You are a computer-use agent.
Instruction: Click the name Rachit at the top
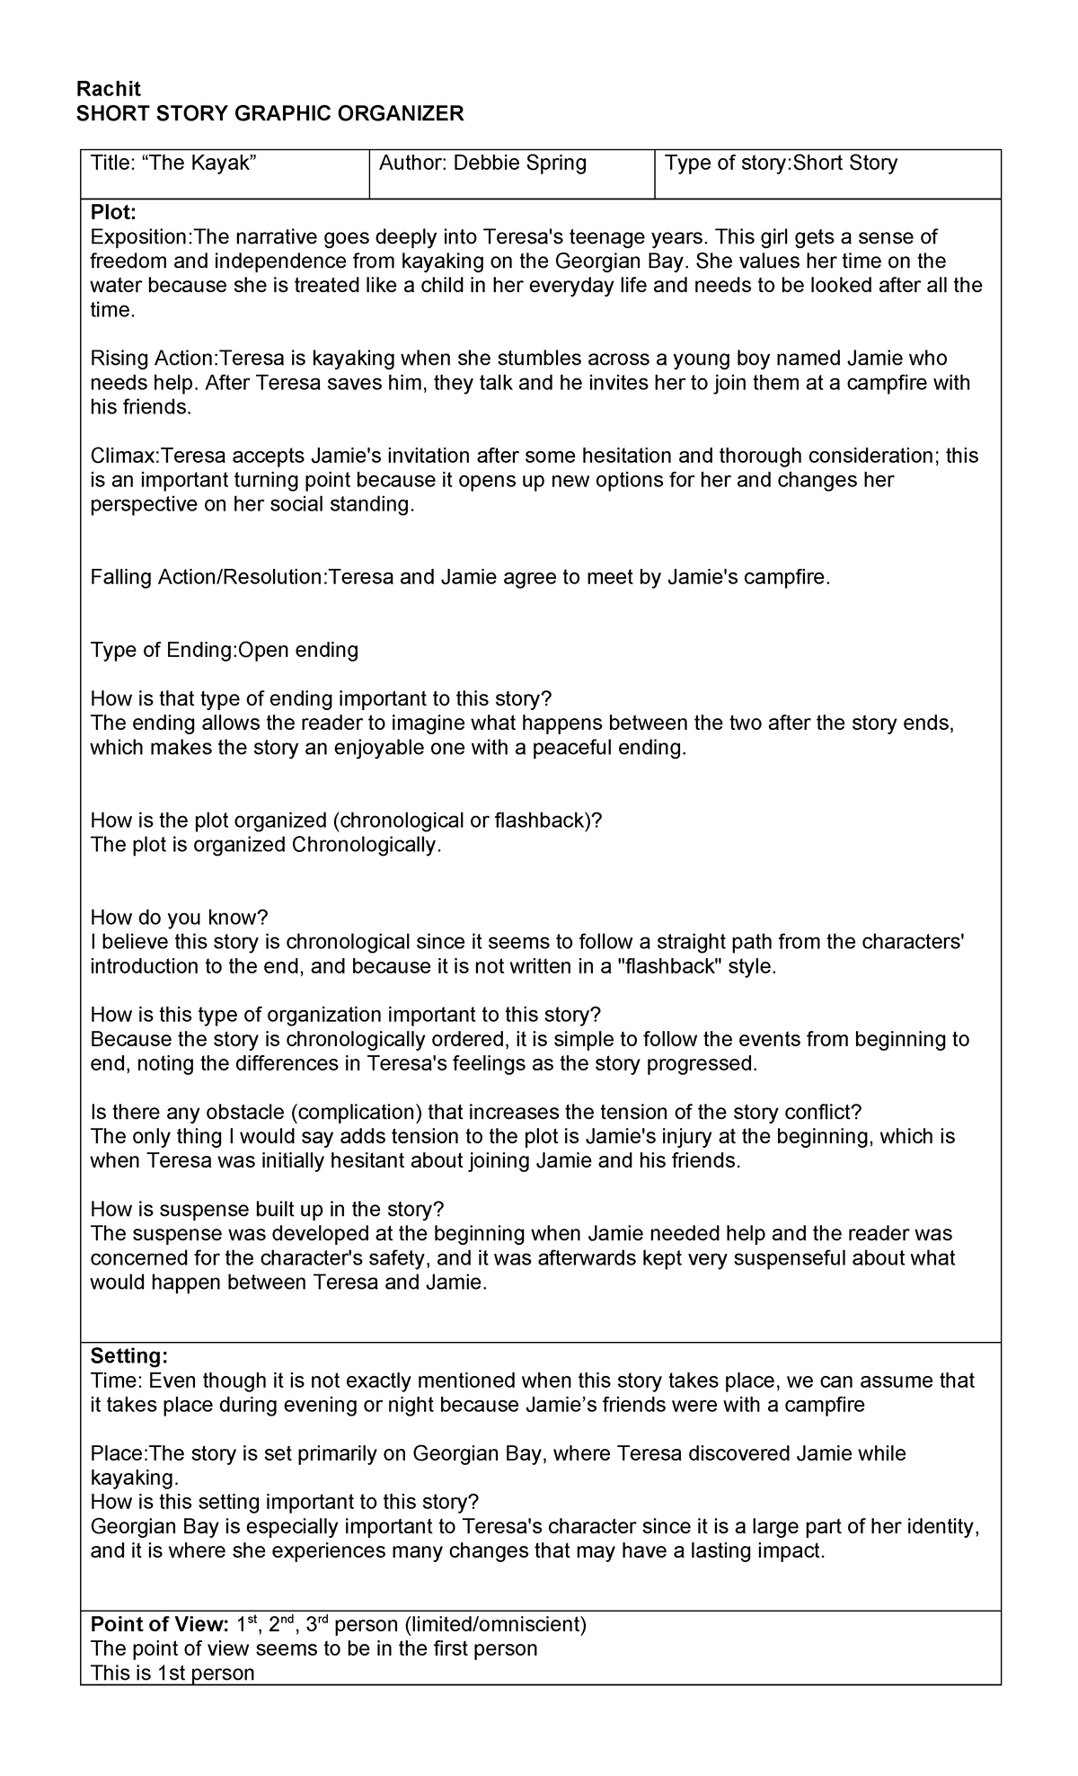tap(109, 88)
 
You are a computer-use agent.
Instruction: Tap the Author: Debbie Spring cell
tap(482, 164)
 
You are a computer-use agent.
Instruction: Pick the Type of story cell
tap(781, 164)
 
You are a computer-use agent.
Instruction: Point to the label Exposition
tap(139, 237)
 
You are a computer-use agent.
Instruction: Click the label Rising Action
tap(153, 360)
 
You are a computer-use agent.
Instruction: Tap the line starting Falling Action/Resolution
tap(460, 578)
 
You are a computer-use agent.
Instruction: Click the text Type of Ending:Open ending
tap(225, 651)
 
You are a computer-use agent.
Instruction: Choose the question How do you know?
tap(180, 918)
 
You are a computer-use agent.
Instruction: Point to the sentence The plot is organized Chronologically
tap(266, 846)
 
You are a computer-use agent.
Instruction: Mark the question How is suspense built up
tap(267, 1210)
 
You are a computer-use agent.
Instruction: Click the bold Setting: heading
tap(129, 1356)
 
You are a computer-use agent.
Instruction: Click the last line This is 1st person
tap(172, 1674)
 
